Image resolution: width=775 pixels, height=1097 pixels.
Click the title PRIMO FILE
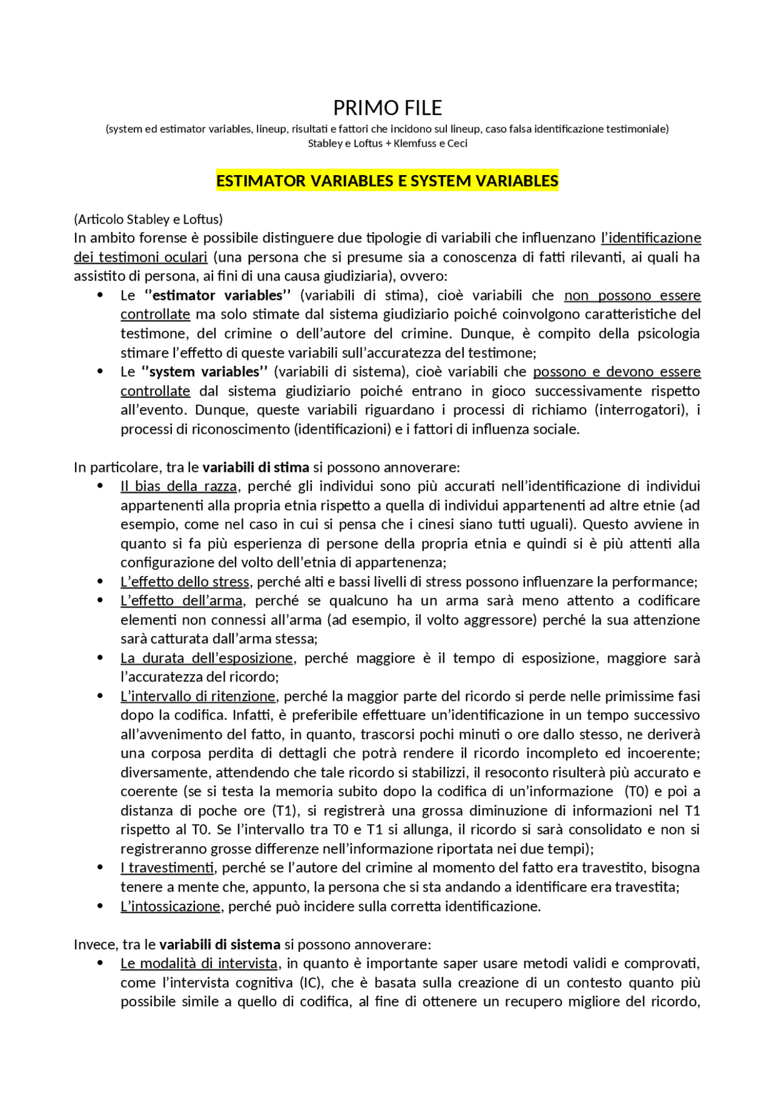[x=387, y=108]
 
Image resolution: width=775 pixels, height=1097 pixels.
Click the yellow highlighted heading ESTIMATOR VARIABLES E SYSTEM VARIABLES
[x=387, y=181]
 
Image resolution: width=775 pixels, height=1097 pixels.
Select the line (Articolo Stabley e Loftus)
[x=148, y=219]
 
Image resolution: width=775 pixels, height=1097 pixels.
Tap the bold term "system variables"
[x=204, y=372]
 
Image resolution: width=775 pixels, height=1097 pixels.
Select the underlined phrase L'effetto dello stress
[x=185, y=582]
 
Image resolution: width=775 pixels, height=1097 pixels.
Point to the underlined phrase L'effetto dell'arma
[x=181, y=601]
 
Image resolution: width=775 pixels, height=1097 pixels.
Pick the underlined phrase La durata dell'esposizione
[x=206, y=658]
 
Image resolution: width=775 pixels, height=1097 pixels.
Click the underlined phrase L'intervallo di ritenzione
[x=198, y=697]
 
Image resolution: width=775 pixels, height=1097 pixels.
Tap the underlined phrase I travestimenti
[x=167, y=868]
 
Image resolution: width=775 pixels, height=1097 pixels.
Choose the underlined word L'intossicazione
[x=170, y=907]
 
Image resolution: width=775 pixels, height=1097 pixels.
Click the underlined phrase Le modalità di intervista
[x=199, y=964]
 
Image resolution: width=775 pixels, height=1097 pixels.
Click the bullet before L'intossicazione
[x=101, y=906]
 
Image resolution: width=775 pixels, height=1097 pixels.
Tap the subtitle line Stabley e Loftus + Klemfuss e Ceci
[x=387, y=144]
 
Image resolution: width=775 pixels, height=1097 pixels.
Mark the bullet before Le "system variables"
[x=101, y=371]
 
